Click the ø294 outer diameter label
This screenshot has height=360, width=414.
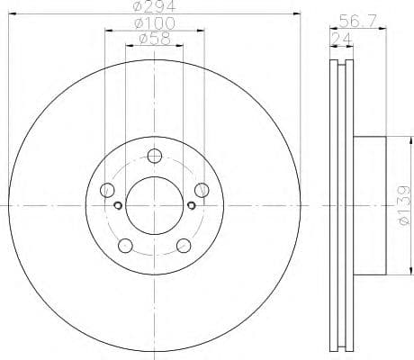coord(154,8)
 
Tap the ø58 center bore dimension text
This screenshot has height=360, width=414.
coord(154,40)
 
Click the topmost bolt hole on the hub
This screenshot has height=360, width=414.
coord(154,154)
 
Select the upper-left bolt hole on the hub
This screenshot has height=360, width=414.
coord(108,189)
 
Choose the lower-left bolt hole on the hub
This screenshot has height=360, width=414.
coord(125,244)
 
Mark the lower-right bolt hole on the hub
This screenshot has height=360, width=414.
coord(184,244)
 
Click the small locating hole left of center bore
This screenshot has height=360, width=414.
coord(119,205)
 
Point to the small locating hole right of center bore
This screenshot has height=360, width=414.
coord(190,205)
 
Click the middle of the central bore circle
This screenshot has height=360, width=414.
coord(154,205)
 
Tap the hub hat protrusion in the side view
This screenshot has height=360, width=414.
coord(371,205)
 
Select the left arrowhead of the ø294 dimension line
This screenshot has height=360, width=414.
coord(11,15)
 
